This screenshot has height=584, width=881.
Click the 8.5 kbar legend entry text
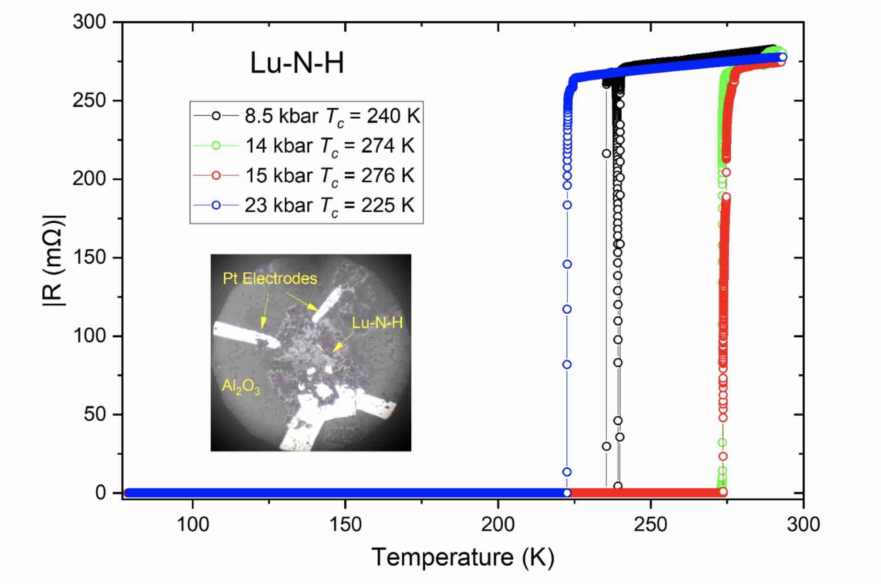pos(332,116)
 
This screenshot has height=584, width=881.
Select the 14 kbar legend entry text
pos(329,146)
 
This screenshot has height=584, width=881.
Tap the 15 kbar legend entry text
pos(329,176)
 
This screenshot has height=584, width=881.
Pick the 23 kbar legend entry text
pos(329,205)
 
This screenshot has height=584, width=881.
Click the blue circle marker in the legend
pos(216,205)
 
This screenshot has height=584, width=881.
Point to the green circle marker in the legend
pos(216,146)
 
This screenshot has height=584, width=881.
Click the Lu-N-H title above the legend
pos(297,63)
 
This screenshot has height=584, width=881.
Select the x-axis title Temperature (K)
pos(463,557)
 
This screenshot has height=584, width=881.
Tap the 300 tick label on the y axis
pos(89,22)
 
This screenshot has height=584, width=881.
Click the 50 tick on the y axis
pos(95,414)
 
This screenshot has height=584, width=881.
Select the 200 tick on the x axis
pos(498,524)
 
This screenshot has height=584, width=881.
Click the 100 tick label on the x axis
pos(192,524)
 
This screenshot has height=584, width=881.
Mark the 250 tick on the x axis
pos(651,524)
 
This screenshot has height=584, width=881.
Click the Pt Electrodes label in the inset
pos(270,278)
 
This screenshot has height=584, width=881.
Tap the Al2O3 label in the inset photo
pos(241,386)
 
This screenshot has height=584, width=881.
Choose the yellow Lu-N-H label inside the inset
pos(377,323)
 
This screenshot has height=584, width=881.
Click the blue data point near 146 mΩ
pos(567,264)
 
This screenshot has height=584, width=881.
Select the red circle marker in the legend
pos(216,176)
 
